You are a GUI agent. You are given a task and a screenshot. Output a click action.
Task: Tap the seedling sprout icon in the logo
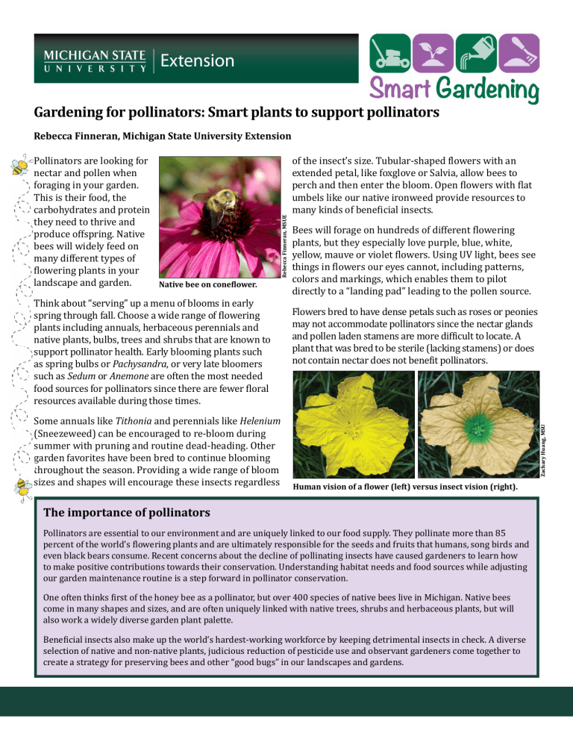433,54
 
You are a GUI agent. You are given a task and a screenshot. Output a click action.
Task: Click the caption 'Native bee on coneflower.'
209,284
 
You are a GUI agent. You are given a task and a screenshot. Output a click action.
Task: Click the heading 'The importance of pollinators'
127,513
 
